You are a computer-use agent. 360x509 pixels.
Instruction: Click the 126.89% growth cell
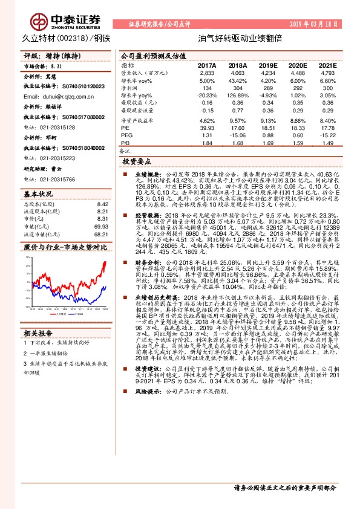(237, 96)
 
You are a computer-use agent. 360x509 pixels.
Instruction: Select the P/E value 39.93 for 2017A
(208, 128)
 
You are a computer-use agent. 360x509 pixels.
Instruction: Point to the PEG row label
(126, 135)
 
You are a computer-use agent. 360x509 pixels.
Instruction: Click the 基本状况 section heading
(38, 194)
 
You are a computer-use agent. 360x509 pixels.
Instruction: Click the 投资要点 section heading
(137, 163)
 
